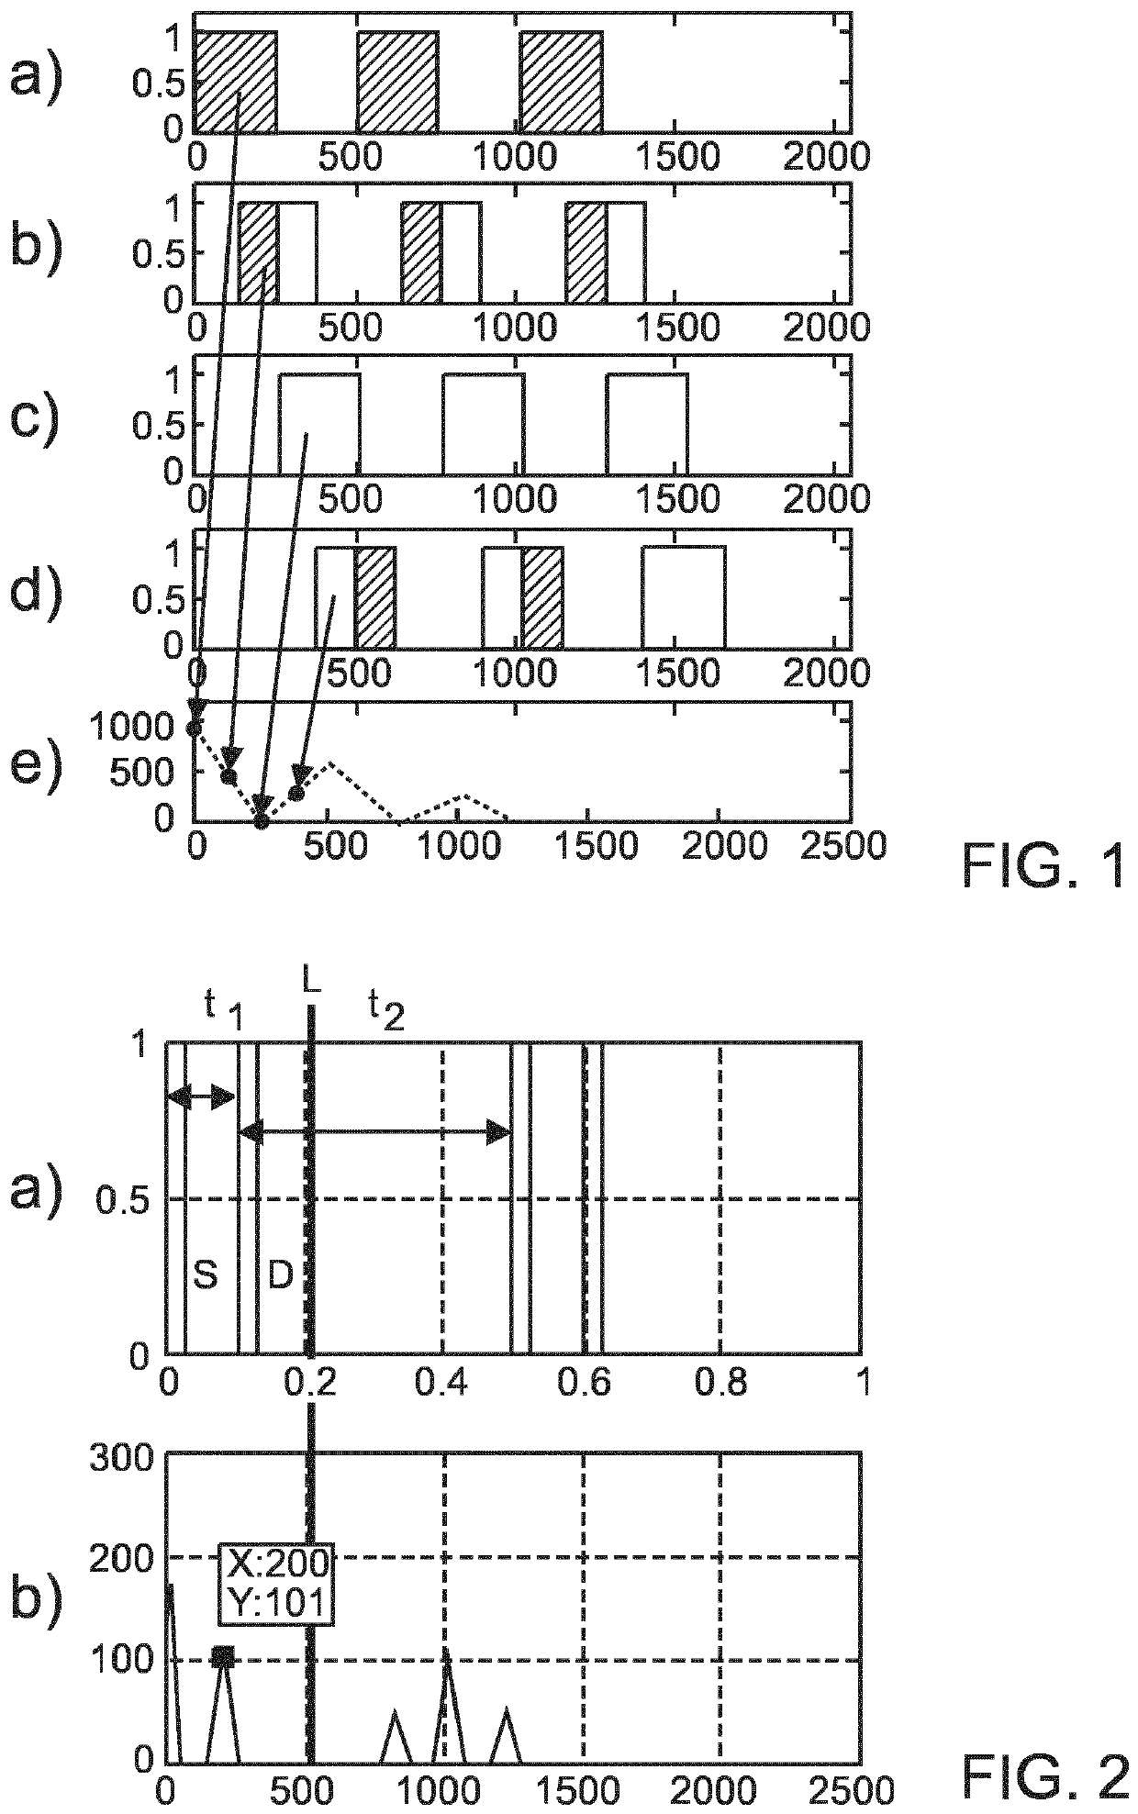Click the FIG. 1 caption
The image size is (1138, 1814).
pos(1043,867)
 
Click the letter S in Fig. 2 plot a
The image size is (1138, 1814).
pos(205,1275)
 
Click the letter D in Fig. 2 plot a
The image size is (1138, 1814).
pos(279,1275)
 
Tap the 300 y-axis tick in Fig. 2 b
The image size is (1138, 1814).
pos(119,1459)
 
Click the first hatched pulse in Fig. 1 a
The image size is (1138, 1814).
pos(236,82)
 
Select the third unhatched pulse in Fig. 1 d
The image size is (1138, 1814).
pos(684,596)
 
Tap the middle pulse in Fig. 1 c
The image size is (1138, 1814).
pos(484,423)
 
